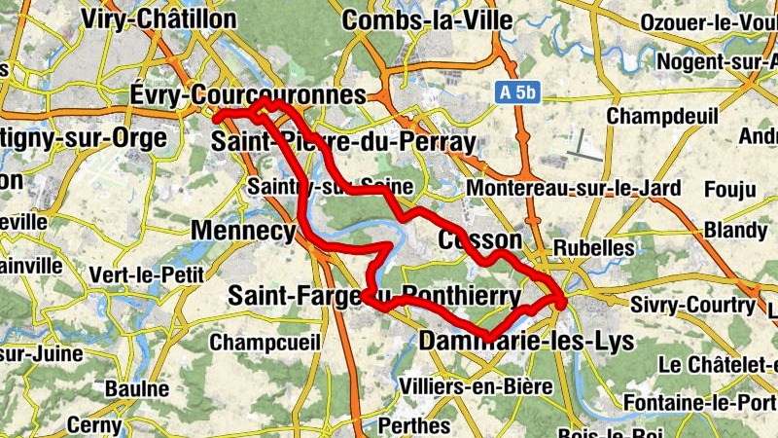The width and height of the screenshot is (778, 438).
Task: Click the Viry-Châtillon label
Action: click(x=159, y=18)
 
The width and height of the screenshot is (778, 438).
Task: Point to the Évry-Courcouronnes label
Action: click(x=247, y=94)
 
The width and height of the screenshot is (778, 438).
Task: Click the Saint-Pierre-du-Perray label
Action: click(x=344, y=142)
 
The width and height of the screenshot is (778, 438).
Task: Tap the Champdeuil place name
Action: click(x=654, y=116)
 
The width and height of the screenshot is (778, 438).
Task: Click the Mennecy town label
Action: click(x=243, y=231)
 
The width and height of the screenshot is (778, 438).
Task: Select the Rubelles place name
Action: click(x=593, y=247)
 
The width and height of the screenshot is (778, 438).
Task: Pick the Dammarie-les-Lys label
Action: click(x=526, y=342)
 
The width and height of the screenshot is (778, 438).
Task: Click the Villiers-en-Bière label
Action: click(x=477, y=386)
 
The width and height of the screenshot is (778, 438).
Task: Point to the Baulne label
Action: click(x=137, y=389)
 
